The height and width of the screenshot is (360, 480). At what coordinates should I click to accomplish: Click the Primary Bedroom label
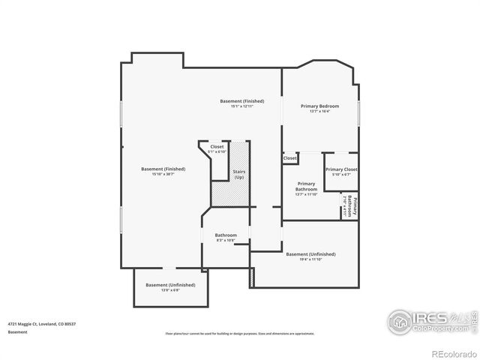click(x=319, y=106)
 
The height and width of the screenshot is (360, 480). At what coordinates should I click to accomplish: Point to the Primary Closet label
click(x=341, y=169)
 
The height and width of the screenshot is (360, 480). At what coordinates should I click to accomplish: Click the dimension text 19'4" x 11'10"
click(x=310, y=260)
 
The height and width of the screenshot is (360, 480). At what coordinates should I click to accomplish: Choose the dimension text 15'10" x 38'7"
click(x=163, y=175)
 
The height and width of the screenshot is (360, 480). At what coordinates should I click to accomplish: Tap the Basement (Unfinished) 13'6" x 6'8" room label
click(x=170, y=285)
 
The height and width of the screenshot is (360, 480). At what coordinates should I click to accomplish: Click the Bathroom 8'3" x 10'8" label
click(x=226, y=235)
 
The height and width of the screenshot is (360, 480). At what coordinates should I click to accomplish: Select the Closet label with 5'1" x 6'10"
click(x=217, y=146)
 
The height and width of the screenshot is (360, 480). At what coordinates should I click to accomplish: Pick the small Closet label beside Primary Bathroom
click(x=289, y=158)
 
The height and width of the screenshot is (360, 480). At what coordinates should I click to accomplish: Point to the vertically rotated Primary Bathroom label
click(x=349, y=206)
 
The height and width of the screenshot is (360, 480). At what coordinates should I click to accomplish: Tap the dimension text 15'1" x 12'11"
click(x=241, y=106)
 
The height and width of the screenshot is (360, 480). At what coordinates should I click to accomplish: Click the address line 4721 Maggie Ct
click(x=43, y=323)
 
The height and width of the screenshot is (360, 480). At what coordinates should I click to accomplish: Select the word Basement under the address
click(x=19, y=331)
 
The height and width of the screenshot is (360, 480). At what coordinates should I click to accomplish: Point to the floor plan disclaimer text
click(x=240, y=333)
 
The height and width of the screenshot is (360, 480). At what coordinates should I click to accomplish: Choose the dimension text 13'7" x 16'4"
click(x=319, y=112)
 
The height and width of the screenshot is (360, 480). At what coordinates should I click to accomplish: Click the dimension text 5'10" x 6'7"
click(x=341, y=175)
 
